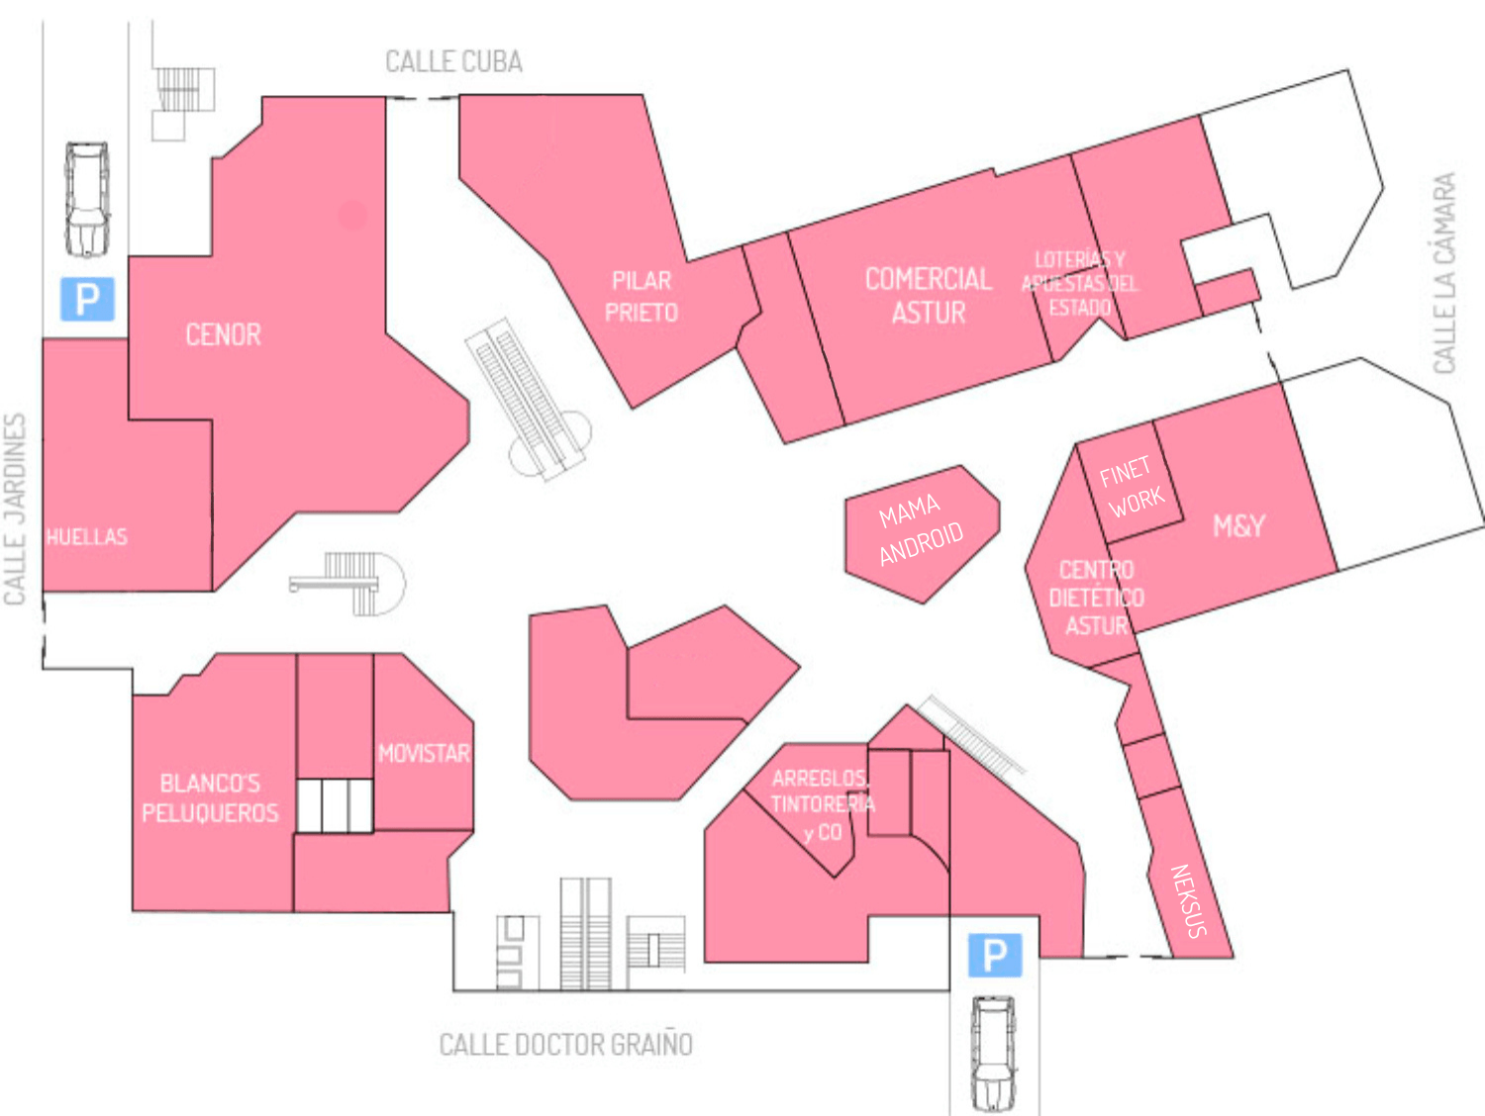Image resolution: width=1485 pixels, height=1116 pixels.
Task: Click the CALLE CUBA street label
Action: [x=454, y=61]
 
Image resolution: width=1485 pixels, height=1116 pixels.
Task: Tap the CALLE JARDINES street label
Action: [x=15, y=509]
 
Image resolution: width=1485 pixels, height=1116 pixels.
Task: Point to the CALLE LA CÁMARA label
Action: [x=1444, y=272]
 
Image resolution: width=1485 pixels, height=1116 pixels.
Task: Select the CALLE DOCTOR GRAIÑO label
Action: [x=566, y=1045]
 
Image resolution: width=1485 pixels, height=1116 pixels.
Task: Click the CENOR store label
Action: [x=224, y=334]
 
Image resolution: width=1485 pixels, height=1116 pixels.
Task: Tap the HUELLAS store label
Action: [x=86, y=536]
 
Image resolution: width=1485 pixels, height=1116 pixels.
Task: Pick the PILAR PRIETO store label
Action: [x=642, y=297]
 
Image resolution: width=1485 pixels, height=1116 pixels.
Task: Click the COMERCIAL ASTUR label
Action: [x=929, y=296]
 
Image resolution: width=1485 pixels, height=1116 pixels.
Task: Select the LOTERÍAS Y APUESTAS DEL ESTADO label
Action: [x=1080, y=283]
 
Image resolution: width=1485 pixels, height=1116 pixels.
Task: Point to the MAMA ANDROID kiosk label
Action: [x=921, y=529]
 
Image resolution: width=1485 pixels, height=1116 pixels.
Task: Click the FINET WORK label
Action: [x=1132, y=487]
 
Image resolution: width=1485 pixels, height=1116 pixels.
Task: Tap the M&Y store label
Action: [x=1238, y=526]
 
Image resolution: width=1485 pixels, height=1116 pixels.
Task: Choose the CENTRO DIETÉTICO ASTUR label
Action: [x=1097, y=598]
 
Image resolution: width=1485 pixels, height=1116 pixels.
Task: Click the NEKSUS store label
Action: [x=1189, y=901]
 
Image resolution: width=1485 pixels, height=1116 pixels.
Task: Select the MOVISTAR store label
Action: [x=424, y=753]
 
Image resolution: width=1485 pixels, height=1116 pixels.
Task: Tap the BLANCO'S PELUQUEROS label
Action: [x=211, y=797]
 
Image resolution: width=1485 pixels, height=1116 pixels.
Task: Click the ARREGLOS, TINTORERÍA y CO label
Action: [x=823, y=804]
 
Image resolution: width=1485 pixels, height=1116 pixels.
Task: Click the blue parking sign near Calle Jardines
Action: [x=87, y=299]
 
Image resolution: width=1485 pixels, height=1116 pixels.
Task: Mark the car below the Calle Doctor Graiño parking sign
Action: [x=993, y=1054]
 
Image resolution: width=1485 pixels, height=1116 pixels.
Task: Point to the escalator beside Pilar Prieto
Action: [x=529, y=400]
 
